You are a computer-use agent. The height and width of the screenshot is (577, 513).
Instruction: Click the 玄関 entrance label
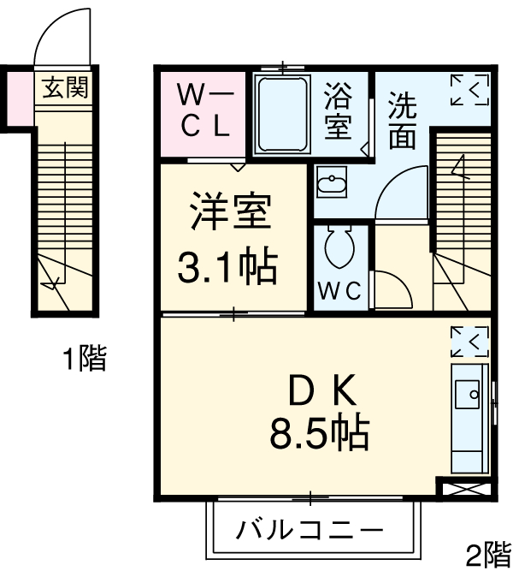pos(66,86)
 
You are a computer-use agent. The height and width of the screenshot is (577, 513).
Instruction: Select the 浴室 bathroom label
pos(339,111)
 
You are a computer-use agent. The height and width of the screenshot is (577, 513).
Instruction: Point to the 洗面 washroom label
pos(402,121)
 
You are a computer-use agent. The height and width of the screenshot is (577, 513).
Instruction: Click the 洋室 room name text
pos(230,215)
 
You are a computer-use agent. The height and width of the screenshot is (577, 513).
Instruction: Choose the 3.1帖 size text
pos(227,268)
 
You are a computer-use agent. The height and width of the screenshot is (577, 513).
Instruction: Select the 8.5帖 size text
pos(319,436)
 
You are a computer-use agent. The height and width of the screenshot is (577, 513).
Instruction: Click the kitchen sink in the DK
pos(469,395)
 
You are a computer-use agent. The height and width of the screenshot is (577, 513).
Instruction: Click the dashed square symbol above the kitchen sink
pos(469,341)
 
